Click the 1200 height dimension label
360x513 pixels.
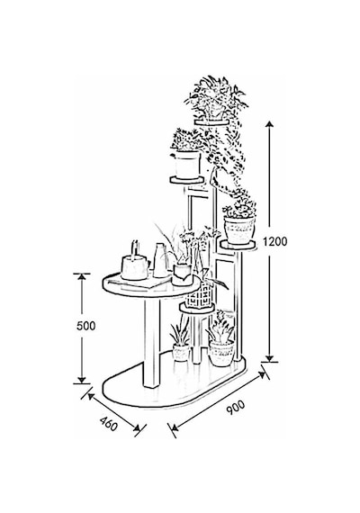pyautogui.click(x=274, y=242)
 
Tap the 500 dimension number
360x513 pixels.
pyautogui.click(x=85, y=326)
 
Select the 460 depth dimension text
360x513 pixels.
pyautogui.click(x=109, y=424)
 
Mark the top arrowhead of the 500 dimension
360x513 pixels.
pyautogui.click(x=82, y=277)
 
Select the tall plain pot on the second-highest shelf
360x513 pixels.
pyautogui.click(x=187, y=165)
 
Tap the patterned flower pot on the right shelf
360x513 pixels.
pyautogui.click(x=239, y=230)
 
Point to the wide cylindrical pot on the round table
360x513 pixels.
pyautogui.click(x=134, y=267)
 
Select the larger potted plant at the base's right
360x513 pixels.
pyautogui.click(x=221, y=344)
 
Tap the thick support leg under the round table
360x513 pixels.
pyautogui.click(x=152, y=344)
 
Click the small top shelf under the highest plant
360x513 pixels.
pyautogui.click(x=211, y=122)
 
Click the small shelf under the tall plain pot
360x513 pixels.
pyautogui.click(x=187, y=180)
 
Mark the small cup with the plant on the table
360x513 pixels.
pyautogui.click(x=183, y=274)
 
